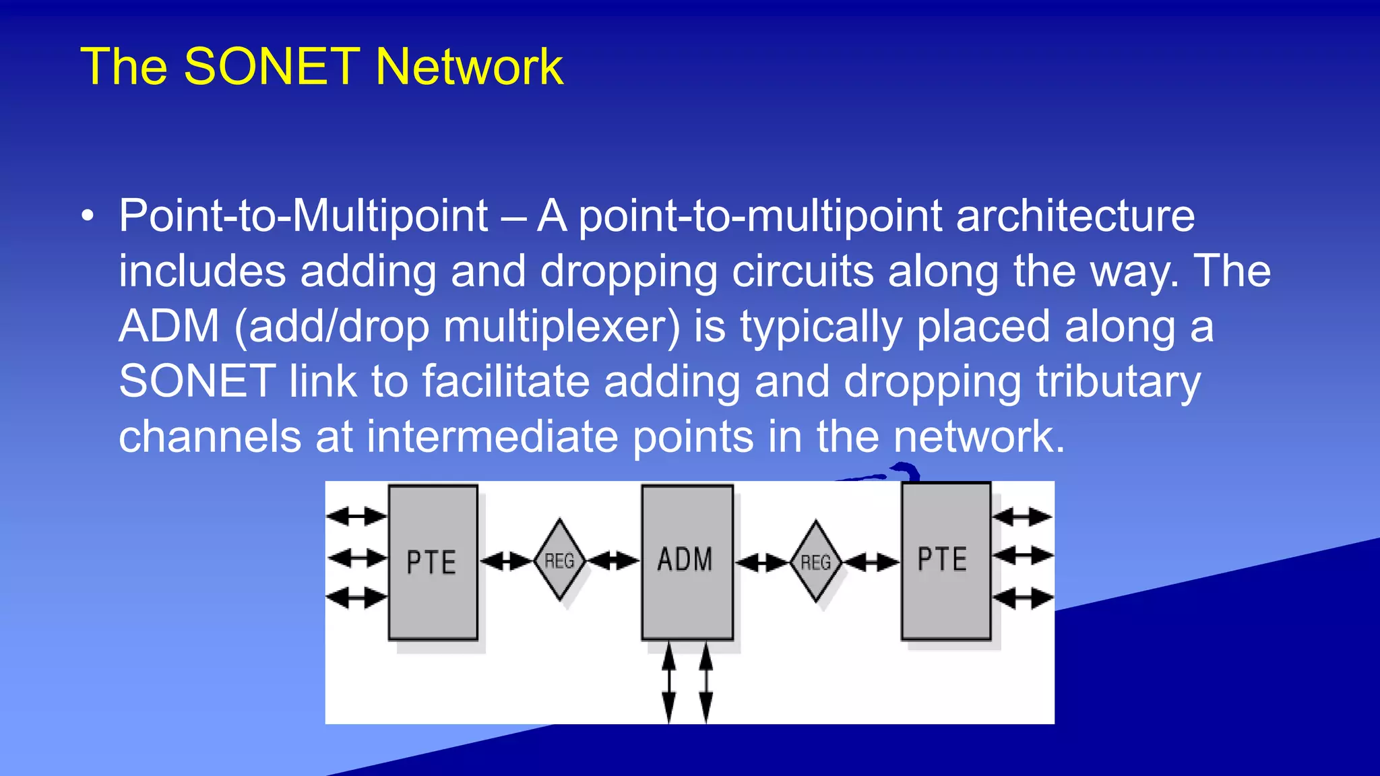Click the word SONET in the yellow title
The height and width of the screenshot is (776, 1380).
coord(272,67)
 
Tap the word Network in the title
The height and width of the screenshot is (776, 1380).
coord(469,67)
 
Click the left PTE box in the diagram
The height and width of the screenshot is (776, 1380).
coord(433,562)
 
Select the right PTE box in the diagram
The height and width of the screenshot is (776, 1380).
coord(945,560)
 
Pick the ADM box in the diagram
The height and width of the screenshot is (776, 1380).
coord(687,560)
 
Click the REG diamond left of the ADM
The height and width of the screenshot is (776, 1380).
coord(559,560)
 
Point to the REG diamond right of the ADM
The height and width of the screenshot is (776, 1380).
coord(816,562)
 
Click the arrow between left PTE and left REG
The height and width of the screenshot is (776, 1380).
coord(506,560)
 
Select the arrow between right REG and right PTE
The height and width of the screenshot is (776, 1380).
coord(872,561)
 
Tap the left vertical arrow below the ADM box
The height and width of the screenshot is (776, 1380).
coord(668,682)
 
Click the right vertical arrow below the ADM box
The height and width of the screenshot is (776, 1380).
coord(705,682)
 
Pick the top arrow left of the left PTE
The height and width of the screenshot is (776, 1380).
coord(356,517)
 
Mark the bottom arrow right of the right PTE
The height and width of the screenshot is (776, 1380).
coord(1022,597)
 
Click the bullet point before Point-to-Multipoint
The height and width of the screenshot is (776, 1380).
coord(88,217)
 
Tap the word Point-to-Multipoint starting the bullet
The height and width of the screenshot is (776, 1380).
coord(303,216)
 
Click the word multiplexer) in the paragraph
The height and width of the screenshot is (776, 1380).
coord(562,327)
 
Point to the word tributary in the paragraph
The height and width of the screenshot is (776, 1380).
coord(1118,382)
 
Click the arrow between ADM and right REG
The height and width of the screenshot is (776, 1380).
coord(762,562)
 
